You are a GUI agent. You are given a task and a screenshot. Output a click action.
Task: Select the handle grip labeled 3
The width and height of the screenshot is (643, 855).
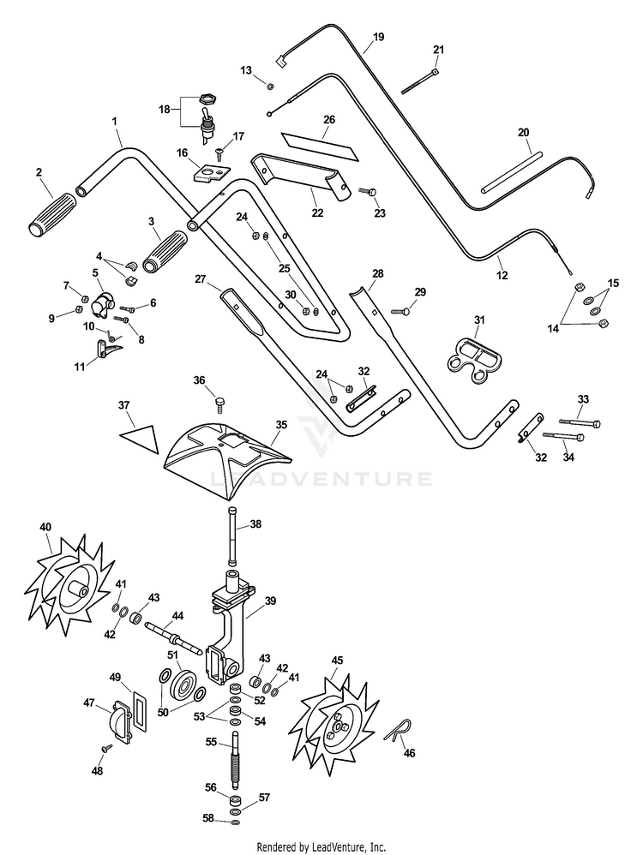165,251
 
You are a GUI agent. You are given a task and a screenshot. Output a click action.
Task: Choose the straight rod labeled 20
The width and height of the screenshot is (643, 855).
512,172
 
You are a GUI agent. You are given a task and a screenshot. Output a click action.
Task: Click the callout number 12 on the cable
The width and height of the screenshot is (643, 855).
503,276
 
